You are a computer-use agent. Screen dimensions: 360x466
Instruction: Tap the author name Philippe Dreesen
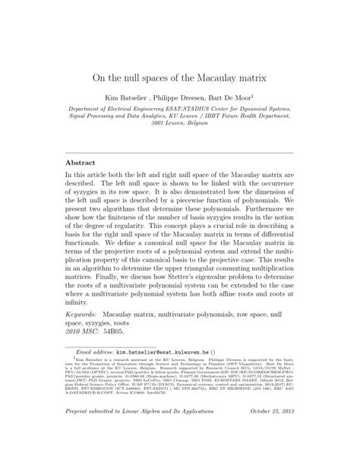pyautogui.click(x=179, y=98)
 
